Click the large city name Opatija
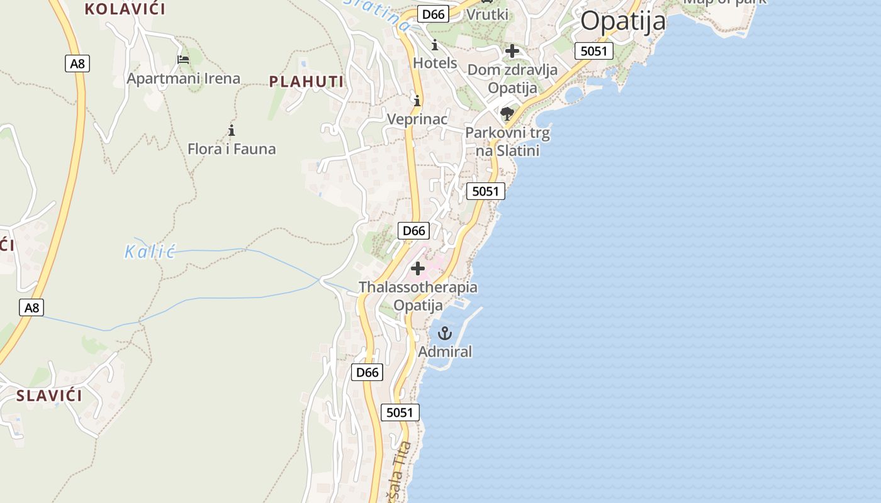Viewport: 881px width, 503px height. (622, 21)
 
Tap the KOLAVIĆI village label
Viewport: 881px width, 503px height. (125, 9)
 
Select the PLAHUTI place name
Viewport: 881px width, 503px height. (306, 82)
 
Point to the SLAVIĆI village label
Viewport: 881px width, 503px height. (49, 395)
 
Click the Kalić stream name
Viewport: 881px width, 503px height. (149, 251)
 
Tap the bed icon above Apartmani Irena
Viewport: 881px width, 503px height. (183, 60)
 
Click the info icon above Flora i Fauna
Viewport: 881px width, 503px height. (232, 130)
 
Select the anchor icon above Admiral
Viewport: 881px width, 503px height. (445, 333)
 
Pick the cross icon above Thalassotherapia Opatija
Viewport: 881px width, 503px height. (418, 268)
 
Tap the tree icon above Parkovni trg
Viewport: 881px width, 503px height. (507, 114)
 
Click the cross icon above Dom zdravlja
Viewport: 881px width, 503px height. (512, 51)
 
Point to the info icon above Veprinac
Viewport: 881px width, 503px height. (417, 101)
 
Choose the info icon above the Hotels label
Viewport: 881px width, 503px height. (435, 45)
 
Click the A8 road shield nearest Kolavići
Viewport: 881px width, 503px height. (77, 63)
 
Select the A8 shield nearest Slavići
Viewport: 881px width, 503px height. (31, 307)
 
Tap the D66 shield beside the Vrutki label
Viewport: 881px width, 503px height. (434, 14)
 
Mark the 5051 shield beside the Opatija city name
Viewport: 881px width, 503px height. (593, 51)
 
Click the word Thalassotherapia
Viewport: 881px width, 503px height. (418, 287)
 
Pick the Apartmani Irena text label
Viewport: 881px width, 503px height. (183, 79)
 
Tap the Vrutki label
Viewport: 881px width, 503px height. (487, 14)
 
